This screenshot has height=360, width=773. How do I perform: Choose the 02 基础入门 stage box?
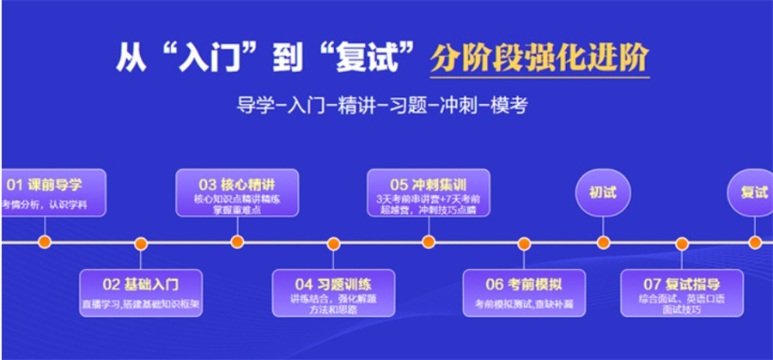point(141,293)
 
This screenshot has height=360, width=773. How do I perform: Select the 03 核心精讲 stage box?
point(236,192)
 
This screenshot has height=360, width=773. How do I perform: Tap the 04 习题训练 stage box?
point(333,293)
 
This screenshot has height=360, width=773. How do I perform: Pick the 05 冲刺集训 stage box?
point(429,192)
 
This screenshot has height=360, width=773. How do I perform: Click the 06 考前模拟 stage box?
point(524,293)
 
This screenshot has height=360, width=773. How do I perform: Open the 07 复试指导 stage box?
point(682,293)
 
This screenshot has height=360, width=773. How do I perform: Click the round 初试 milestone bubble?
point(603,192)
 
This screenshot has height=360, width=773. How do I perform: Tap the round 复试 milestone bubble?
point(753,192)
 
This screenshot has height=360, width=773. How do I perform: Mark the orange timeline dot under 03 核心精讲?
point(237,243)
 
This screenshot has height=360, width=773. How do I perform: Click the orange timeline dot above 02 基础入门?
point(141,243)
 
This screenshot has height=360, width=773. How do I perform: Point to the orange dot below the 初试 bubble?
point(603,243)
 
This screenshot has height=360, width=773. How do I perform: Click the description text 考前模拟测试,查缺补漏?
point(524,304)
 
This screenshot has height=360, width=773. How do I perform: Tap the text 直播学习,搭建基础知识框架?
point(141,304)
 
